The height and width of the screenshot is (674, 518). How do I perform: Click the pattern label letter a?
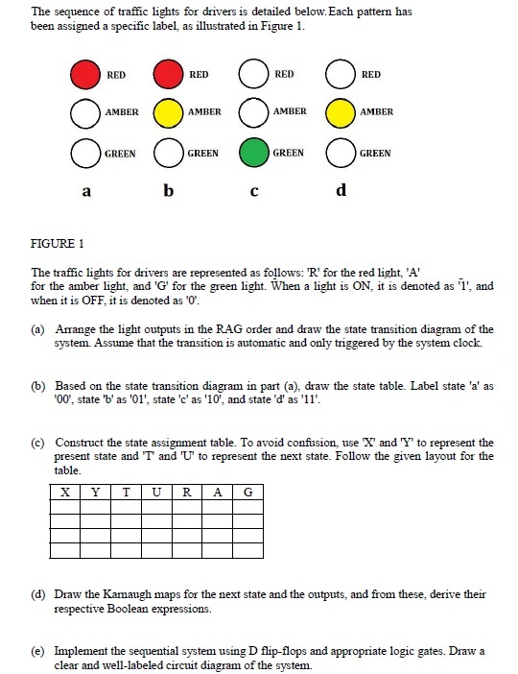coord(86,192)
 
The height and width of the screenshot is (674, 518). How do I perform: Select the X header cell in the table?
coord(64,493)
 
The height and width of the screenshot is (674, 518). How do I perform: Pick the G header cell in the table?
coord(247,493)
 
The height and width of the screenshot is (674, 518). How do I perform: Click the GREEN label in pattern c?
coord(289,154)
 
